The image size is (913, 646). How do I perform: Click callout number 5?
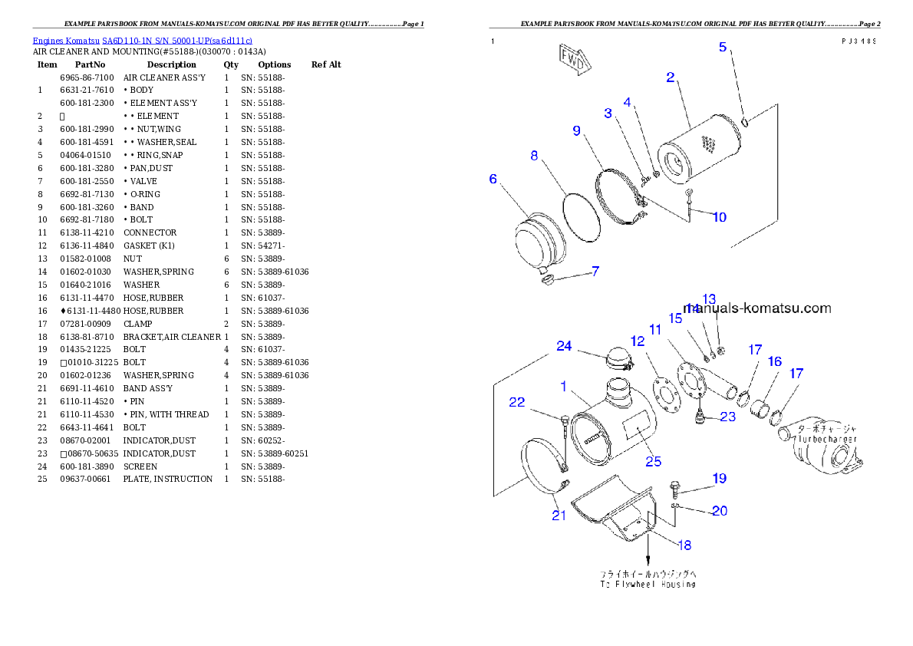click(x=723, y=47)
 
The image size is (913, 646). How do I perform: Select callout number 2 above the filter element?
click(x=670, y=77)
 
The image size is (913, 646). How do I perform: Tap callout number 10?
click(x=719, y=217)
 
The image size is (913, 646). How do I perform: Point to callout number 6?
click(x=493, y=179)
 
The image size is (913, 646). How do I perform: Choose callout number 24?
click(x=564, y=346)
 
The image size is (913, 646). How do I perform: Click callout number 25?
click(x=653, y=461)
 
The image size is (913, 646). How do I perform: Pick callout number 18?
click(x=683, y=545)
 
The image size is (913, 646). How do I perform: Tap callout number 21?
click(x=559, y=516)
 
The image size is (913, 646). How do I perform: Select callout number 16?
click(x=774, y=361)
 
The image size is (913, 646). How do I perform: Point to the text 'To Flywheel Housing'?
click(x=648, y=584)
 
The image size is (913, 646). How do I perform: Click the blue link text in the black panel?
click(x=142, y=40)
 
